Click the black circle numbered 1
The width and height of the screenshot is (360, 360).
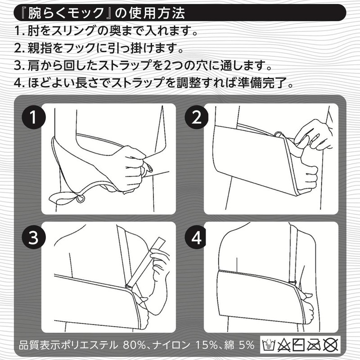pos(33,117)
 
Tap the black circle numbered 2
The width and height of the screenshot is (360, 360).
pos(197,117)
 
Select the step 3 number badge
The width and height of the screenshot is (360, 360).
pos(33,237)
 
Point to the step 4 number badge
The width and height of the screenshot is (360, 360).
pos(197,237)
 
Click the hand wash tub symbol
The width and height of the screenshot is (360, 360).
pos(269,345)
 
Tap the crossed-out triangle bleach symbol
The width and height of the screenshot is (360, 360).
pos(284,345)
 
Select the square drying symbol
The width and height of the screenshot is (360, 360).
pos(299,345)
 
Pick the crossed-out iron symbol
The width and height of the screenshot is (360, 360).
pos(314,345)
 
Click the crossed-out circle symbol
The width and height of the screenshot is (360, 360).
pos(331,345)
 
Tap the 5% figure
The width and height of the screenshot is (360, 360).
pos(246,345)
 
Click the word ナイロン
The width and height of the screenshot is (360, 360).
pos(171,345)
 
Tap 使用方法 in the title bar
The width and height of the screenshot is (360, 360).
pos(157,13)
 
